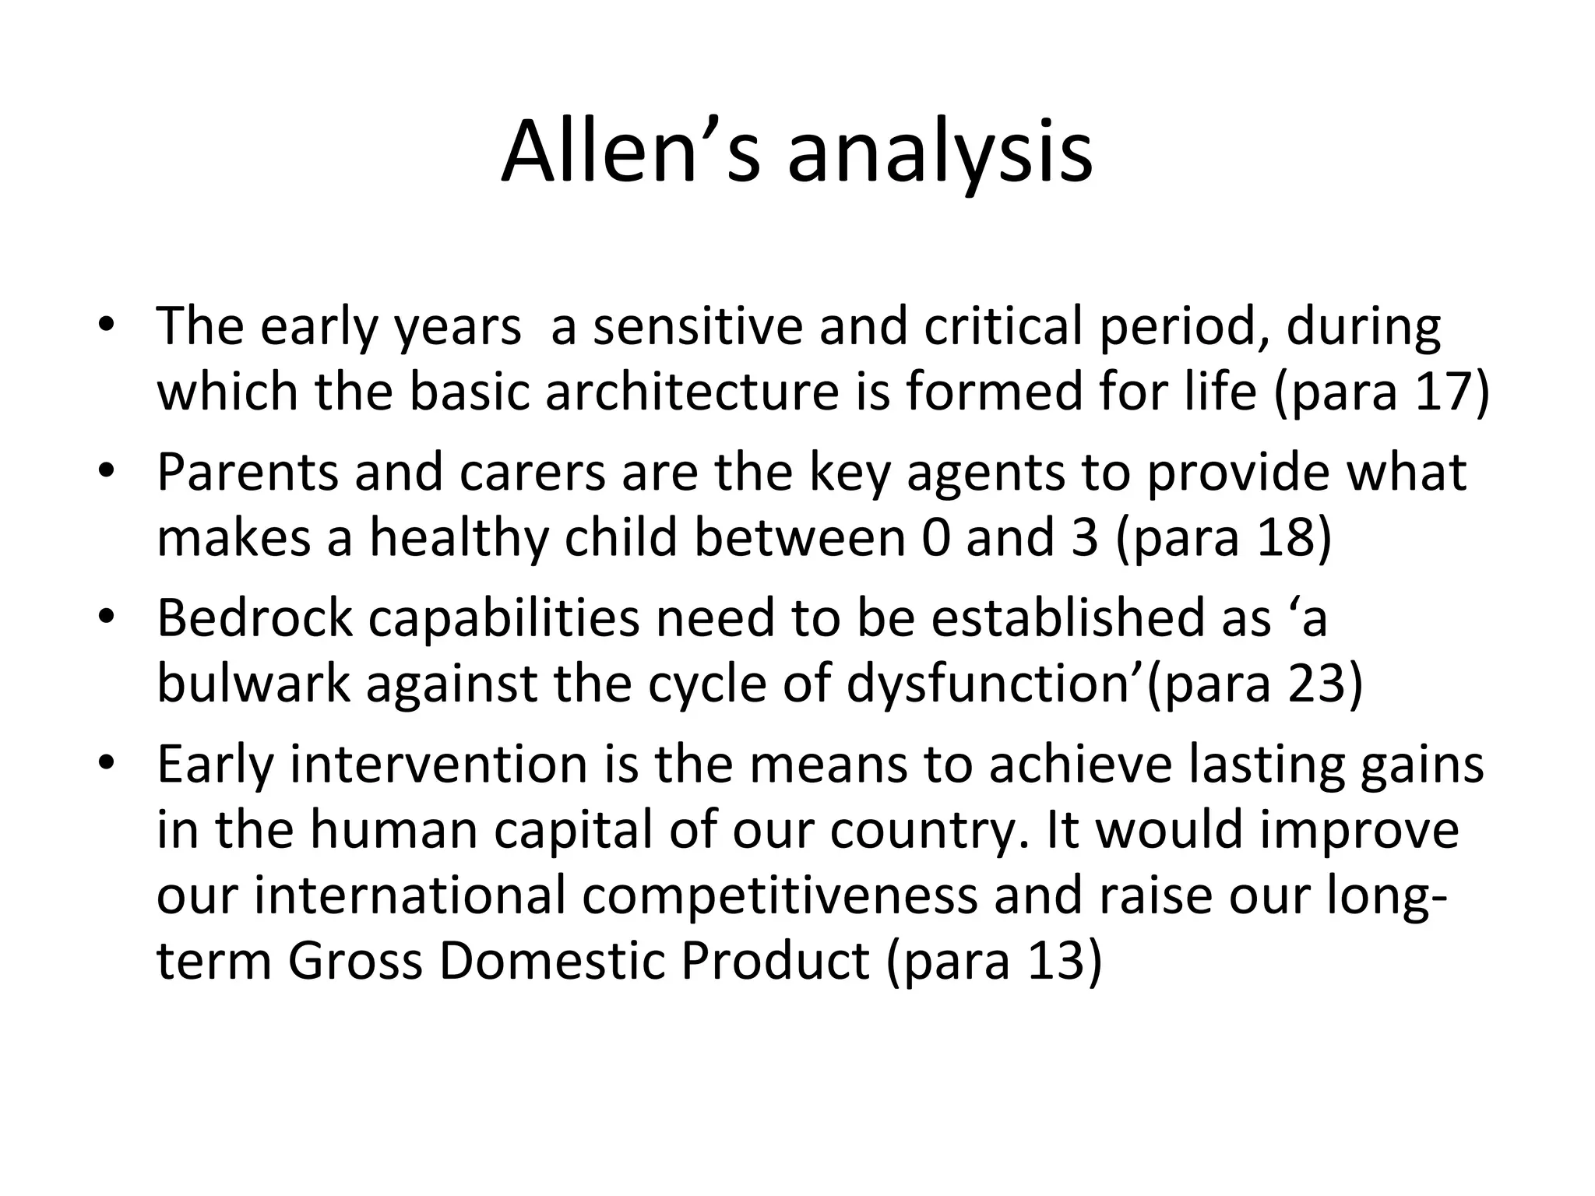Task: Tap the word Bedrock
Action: (x=255, y=617)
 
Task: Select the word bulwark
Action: (x=254, y=683)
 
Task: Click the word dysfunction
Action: (x=993, y=683)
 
